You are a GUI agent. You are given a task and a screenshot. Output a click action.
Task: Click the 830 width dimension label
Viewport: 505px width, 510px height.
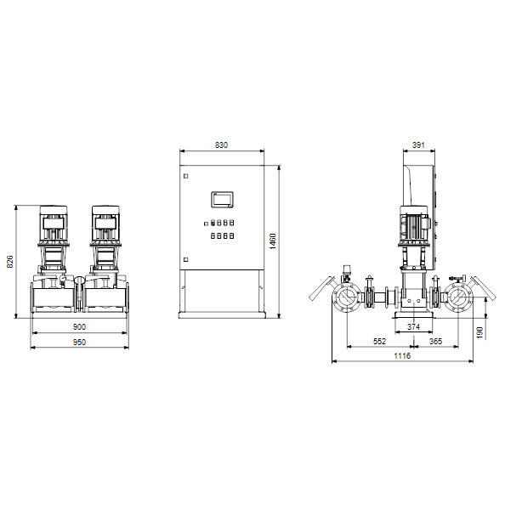[221, 145]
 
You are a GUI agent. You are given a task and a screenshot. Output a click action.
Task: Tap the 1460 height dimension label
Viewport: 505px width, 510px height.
[273, 241]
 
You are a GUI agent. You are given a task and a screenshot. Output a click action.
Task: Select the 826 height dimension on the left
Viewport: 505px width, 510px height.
[10, 262]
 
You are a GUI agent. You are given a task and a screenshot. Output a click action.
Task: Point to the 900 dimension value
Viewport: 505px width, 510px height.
[79, 327]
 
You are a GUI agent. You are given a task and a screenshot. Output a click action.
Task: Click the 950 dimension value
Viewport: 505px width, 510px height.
[79, 343]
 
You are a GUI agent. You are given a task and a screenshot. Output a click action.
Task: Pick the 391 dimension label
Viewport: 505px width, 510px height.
[418, 145]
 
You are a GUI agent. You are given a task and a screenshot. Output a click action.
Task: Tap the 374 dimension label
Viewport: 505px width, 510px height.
[413, 326]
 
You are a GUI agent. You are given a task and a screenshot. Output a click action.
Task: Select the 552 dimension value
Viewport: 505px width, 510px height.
[379, 341]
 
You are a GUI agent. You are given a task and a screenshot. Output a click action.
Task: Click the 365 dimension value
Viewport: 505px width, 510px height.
[435, 341]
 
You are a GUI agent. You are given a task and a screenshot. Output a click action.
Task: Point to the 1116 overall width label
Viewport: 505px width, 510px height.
[402, 356]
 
